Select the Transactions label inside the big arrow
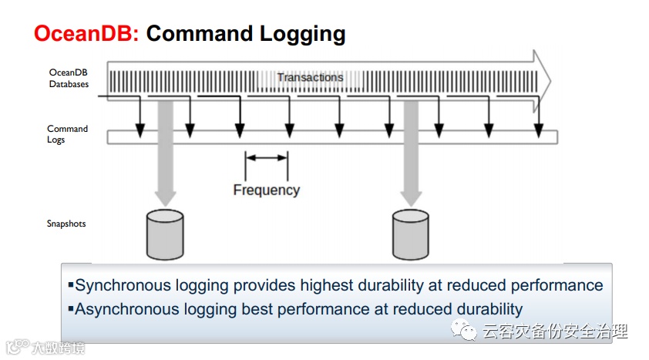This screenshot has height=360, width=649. [x=310, y=77]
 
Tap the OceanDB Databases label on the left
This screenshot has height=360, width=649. [x=69, y=78]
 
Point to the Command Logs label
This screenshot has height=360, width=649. [x=67, y=134]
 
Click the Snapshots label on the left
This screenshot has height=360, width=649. [x=66, y=224]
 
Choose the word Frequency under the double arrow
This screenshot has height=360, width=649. [x=266, y=189]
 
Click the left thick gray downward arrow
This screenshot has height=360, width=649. [x=165, y=154]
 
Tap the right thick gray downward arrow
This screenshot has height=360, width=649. [x=410, y=154]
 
